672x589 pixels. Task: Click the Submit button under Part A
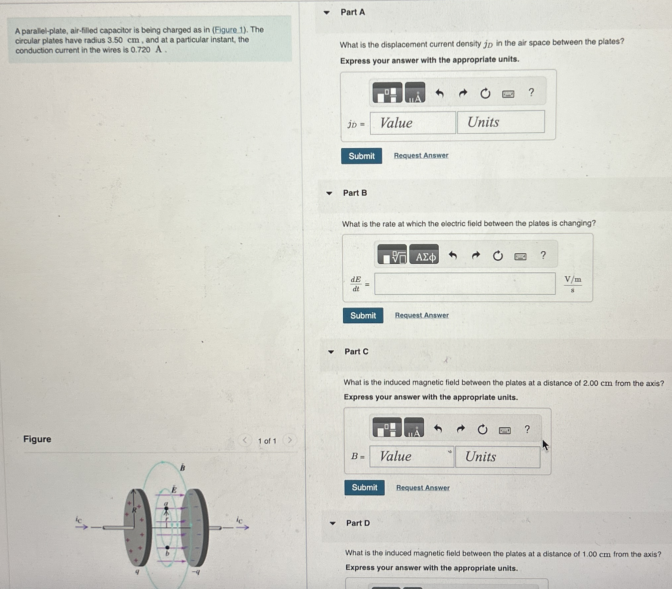(x=362, y=156)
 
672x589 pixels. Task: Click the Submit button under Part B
(x=363, y=315)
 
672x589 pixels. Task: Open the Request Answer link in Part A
(x=421, y=155)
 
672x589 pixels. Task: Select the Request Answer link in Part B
(x=422, y=315)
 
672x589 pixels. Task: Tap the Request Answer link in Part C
(x=423, y=488)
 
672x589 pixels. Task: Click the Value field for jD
(x=413, y=123)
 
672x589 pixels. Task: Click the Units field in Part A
(x=501, y=122)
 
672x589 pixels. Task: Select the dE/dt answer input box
(x=465, y=284)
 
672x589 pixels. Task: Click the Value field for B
(x=411, y=456)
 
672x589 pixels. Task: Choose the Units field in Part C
(x=498, y=457)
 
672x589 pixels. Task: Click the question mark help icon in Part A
(x=531, y=92)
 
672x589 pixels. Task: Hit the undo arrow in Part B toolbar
(x=453, y=255)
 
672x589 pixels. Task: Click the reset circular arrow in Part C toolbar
(x=482, y=430)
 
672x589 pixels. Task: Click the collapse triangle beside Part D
(x=332, y=523)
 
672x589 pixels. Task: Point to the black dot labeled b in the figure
(x=167, y=547)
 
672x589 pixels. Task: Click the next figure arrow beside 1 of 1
(x=290, y=440)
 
